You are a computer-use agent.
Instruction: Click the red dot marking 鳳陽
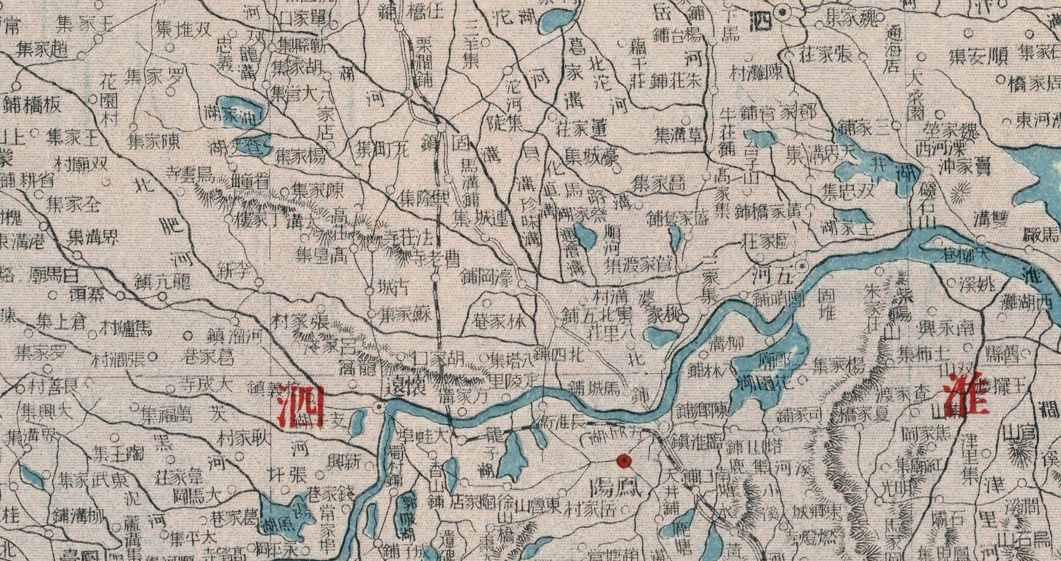pos(624,460)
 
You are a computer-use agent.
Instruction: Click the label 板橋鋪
pos(32,105)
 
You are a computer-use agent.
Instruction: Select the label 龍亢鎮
pos(163,281)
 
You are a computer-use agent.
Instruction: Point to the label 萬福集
pos(167,414)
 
